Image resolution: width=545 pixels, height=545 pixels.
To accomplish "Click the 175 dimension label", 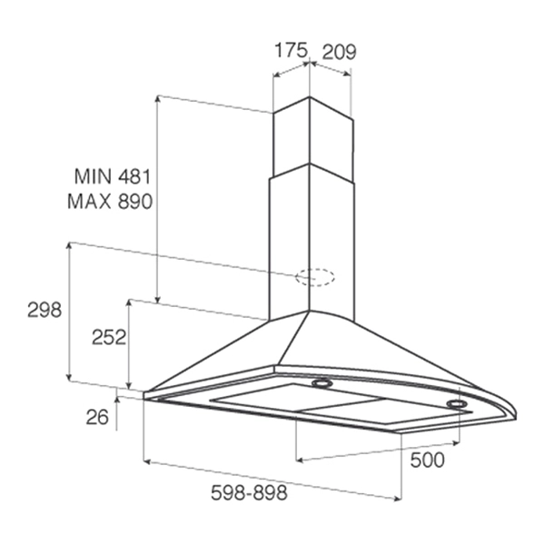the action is point(292,50).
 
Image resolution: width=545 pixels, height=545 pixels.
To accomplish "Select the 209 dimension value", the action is point(339,52).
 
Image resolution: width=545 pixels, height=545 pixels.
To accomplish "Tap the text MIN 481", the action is point(113,176).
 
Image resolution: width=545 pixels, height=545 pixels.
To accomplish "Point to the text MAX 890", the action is point(110,202).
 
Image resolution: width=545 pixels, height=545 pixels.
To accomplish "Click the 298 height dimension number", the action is point(45,310).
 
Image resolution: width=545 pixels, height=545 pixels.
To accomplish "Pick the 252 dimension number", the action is point(109,337).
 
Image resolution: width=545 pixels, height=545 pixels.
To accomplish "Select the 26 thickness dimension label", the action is point(97,417).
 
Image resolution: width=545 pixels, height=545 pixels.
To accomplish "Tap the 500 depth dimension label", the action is point(427,461).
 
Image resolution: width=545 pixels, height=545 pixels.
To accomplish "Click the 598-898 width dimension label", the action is point(249,492).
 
